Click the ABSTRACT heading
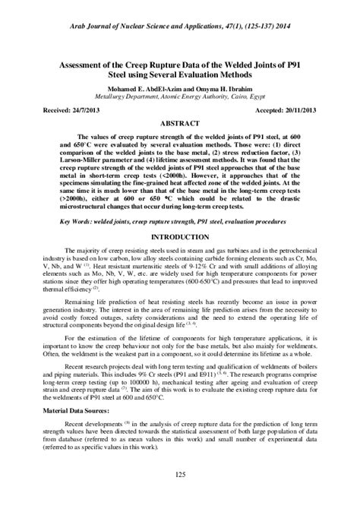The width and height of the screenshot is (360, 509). [180, 122]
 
